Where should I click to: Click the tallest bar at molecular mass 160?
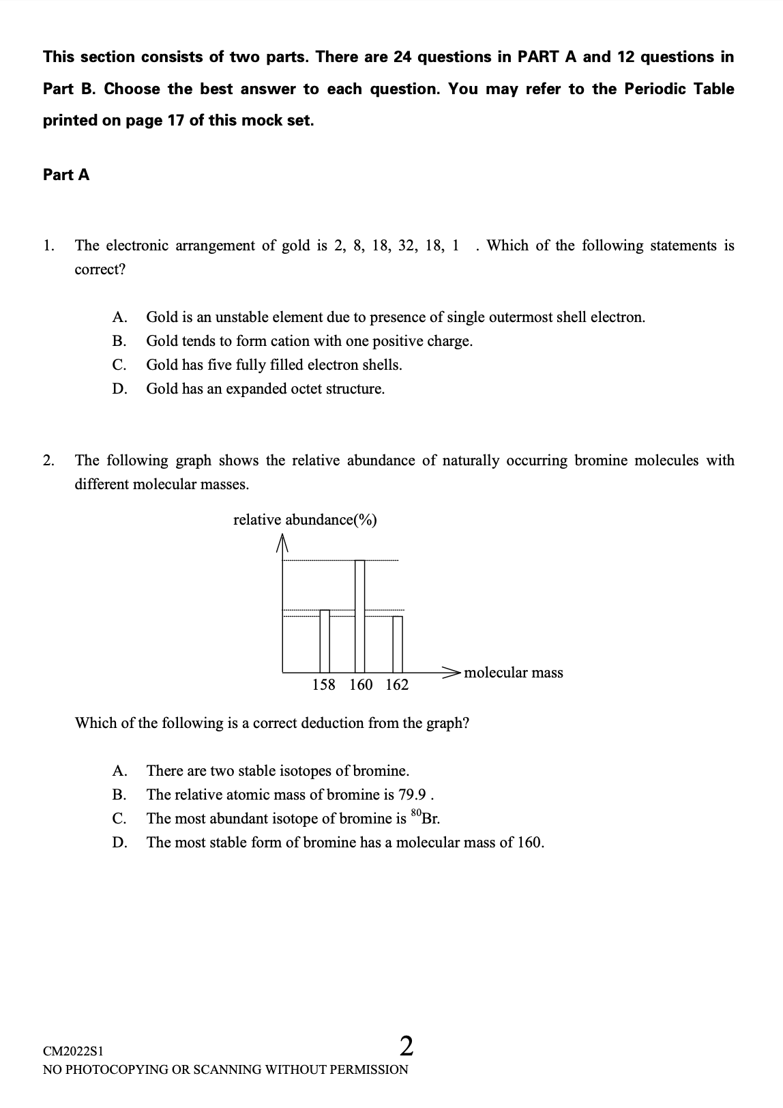click(x=360, y=615)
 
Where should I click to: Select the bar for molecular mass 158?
click(x=325, y=641)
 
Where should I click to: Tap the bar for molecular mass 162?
click(x=398, y=644)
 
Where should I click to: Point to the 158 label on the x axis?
click(x=323, y=685)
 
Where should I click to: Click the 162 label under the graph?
click(x=397, y=685)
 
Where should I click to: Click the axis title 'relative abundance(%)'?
click(x=305, y=520)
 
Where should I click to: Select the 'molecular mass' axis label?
click(x=514, y=673)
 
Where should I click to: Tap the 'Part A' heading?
click(x=66, y=175)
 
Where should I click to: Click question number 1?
click(x=48, y=246)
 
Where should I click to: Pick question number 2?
click(x=48, y=461)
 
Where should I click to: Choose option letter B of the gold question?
click(x=119, y=341)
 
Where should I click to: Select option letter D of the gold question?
click(x=119, y=389)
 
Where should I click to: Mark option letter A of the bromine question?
click(x=119, y=771)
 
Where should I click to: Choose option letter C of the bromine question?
click(x=119, y=819)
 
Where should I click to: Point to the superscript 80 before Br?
click(x=416, y=813)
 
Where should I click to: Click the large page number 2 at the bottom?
click(x=406, y=1046)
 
